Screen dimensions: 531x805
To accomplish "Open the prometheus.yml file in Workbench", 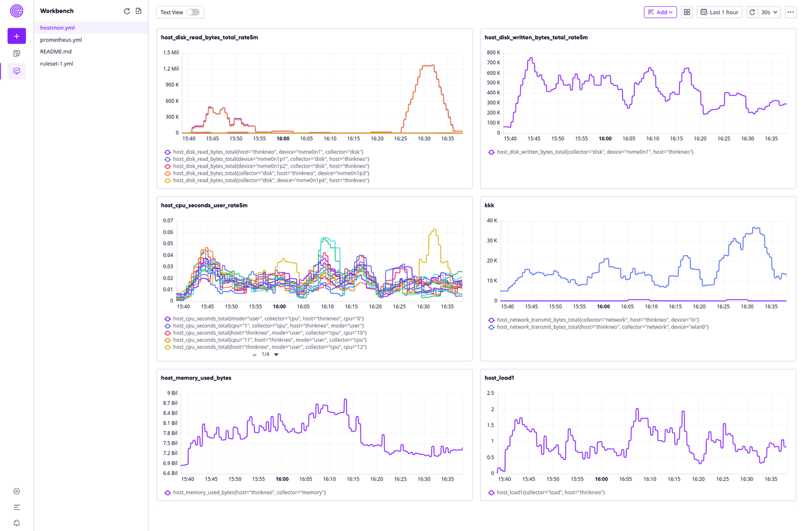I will click(61, 40).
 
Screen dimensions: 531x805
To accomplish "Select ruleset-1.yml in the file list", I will click(57, 63).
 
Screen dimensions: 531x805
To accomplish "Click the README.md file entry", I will click(56, 52).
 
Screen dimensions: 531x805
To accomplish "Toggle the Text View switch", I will click(192, 12).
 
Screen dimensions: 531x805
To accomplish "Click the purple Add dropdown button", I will click(660, 12).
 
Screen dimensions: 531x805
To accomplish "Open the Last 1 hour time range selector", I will click(719, 12).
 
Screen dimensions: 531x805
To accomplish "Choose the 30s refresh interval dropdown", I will click(769, 12).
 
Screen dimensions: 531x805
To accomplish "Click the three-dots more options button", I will click(791, 12).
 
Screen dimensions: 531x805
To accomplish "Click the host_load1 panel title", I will click(499, 378).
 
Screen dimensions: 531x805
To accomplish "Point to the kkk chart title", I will click(489, 205).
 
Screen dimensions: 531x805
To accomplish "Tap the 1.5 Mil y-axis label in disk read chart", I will click(170, 53).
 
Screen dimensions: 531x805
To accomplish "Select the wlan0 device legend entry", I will click(602, 327).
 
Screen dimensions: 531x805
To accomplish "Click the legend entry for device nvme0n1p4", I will click(271, 180).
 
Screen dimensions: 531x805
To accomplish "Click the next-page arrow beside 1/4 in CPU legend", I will click(276, 354).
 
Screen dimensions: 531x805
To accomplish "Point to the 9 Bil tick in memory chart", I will click(172, 393).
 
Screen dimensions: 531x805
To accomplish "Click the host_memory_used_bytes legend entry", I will click(249, 493).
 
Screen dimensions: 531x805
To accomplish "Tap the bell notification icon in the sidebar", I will click(17, 523).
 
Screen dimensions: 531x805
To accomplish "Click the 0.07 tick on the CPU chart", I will click(168, 221).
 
